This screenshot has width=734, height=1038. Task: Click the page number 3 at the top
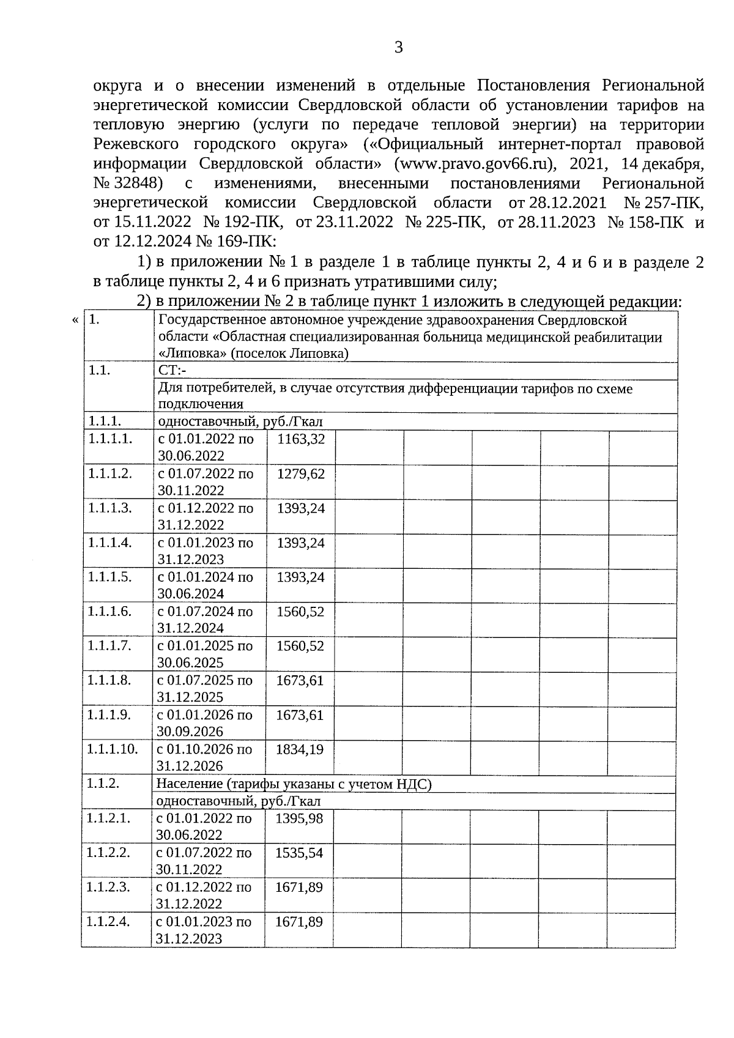[398, 48]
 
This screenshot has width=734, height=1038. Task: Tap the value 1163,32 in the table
[301, 439]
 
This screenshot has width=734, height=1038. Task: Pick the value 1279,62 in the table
[301, 474]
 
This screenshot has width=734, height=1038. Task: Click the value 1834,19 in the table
[300, 749]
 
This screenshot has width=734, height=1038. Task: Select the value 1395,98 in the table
[299, 818]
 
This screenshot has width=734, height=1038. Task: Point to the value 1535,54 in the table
[299, 853]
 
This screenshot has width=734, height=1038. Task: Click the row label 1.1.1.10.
[112, 749]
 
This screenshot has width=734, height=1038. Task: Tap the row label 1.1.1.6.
[109, 611]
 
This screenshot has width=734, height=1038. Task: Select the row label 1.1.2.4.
[108, 922]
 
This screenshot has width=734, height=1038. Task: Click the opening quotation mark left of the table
[75, 320]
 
